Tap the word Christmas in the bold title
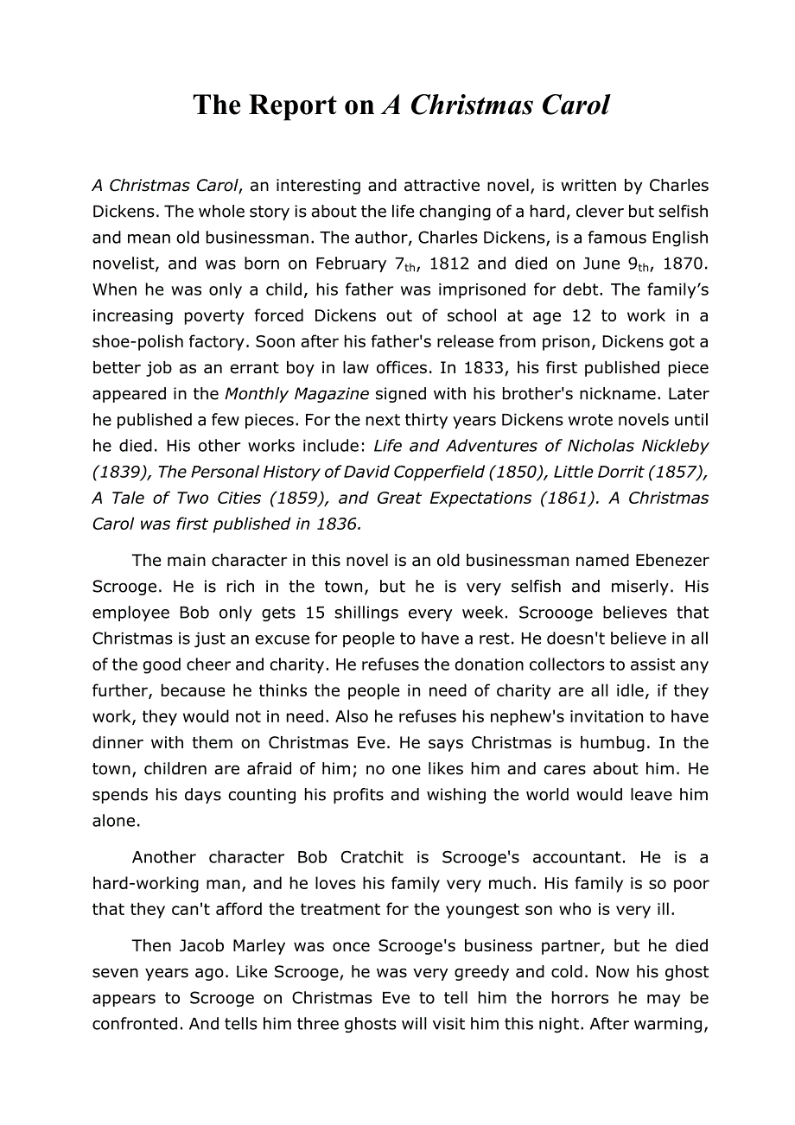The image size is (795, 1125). point(472,105)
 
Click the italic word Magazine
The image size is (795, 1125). point(328,393)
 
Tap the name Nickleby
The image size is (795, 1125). point(670,446)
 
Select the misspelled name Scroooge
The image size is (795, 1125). point(559,613)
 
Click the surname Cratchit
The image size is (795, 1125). point(372,857)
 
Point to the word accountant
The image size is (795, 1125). point(576,857)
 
